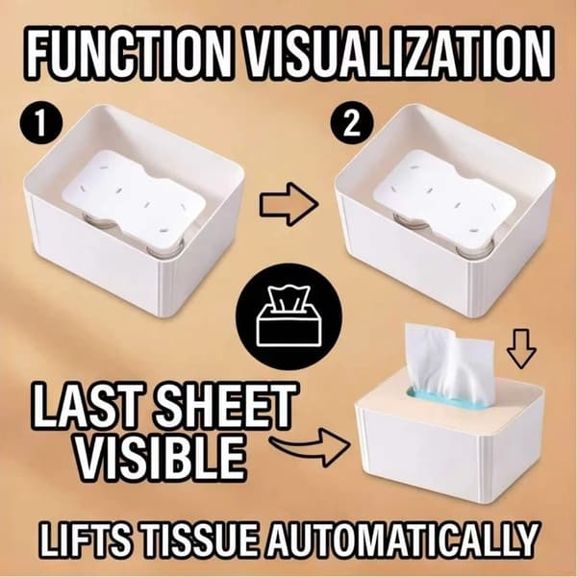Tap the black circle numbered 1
click(x=40, y=122)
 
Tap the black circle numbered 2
click(x=352, y=122)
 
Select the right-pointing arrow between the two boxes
click(x=288, y=204)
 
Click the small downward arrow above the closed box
click(x=521, y=348)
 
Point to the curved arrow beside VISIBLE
click(x=309, y=446)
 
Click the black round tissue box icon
click(x=288, y=316)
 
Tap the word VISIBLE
click(x=161, y=456)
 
